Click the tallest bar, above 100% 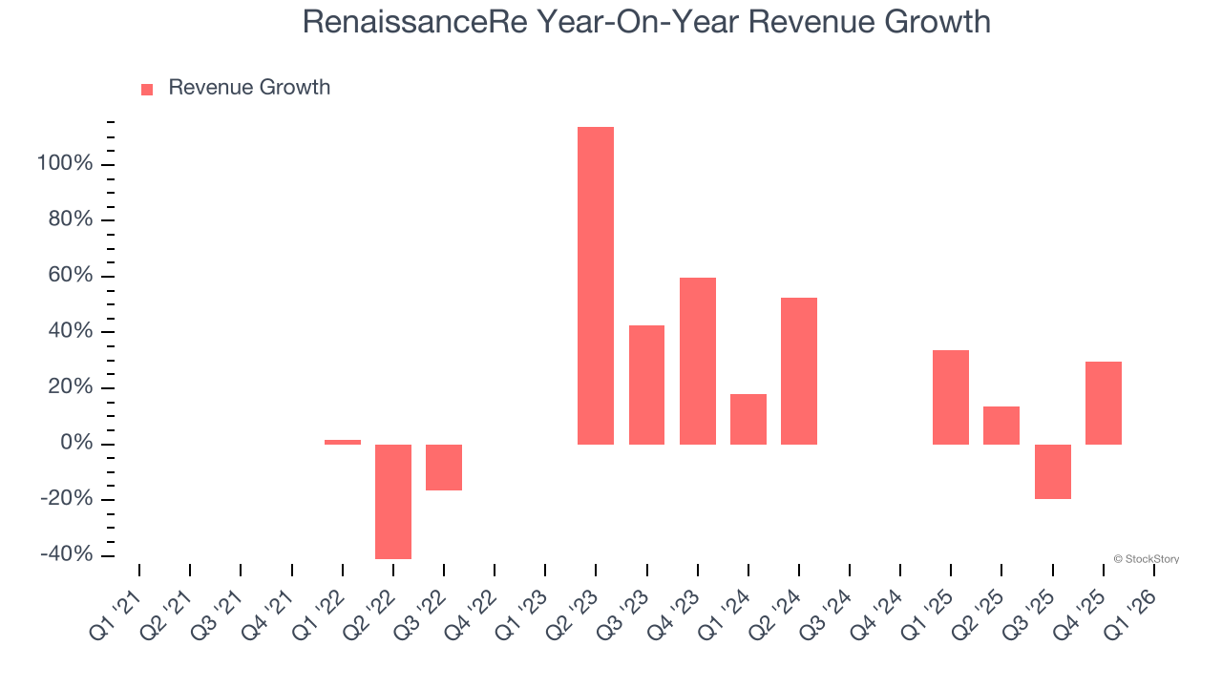click(596, 286)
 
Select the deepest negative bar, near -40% click(393, 501)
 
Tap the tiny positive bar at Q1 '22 click(343, 442)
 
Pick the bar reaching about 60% click(698, 361)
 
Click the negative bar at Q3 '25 click(1053, 471)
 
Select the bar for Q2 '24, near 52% click(799, 371)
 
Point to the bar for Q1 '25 click(951, 397)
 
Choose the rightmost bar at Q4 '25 click(1104, 403)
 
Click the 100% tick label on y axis click(65, 164)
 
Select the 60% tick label click(70, 276)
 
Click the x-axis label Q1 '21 click(115, 615)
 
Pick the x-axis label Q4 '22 click(470, 615)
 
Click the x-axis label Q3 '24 click(825, 615)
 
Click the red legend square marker click(147, 90)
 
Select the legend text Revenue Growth click(249, 88)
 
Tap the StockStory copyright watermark click(1146, 559)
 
